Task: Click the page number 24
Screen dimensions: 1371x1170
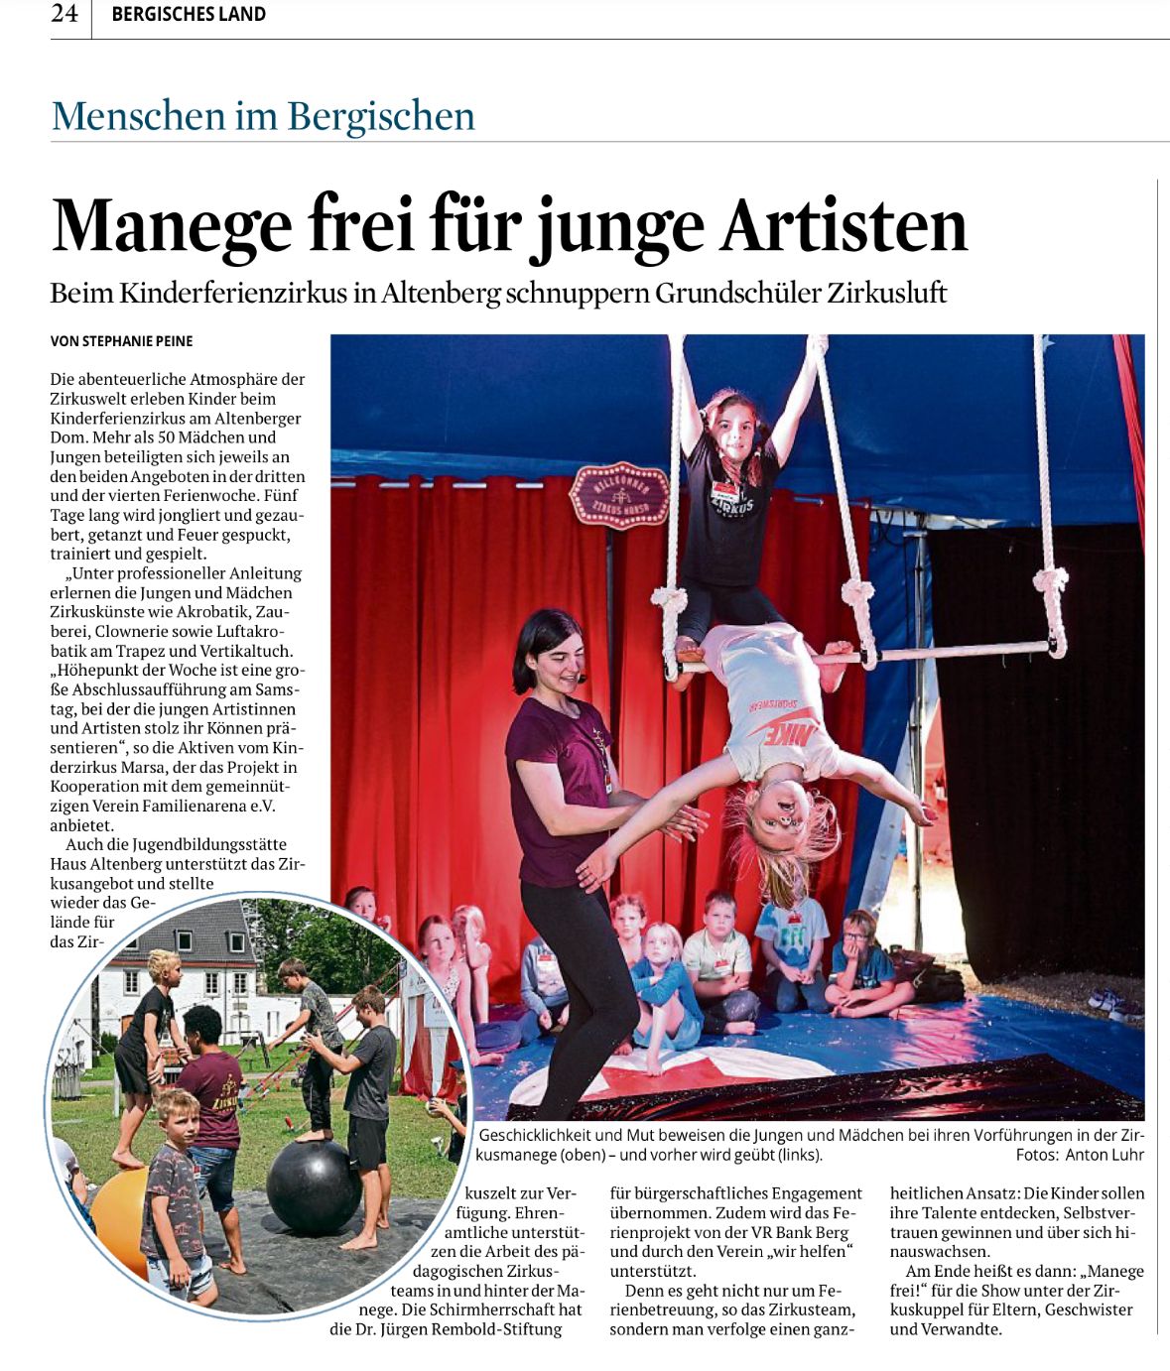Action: tap(65, 14)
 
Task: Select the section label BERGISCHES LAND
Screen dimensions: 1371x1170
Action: tap(189, 15)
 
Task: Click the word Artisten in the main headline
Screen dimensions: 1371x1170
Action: tap(843, 226)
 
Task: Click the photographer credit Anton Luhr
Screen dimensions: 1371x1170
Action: tap(1105, 1155)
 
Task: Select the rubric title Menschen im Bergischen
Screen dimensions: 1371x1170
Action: tap(263, 116)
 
